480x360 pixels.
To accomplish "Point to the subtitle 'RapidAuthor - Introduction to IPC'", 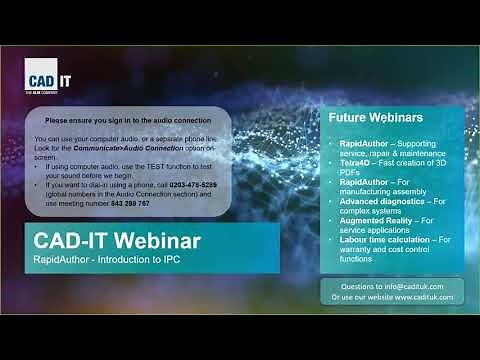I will click(106, 261).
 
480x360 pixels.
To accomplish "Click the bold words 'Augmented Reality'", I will click(376, 218).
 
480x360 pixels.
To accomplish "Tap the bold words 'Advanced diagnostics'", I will click(381, 199).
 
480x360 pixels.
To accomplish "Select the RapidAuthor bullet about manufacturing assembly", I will click(390, 185).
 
